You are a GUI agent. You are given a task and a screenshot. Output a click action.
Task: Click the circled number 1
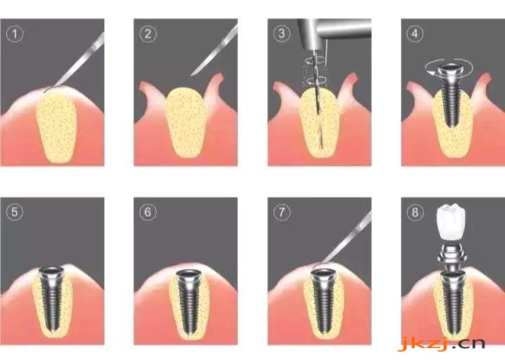tap(15, 34)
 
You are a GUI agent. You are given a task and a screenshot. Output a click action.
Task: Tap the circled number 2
tap(148, 34)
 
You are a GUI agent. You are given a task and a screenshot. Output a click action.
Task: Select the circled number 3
tap(282, 33)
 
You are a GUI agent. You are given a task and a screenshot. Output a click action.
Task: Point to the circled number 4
tap(415, 33)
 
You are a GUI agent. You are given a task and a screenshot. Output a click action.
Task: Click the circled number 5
tap(15, 212)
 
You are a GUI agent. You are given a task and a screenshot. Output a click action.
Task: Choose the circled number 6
tap(148, 212)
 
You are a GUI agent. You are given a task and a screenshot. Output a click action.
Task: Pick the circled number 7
tap(282, 212)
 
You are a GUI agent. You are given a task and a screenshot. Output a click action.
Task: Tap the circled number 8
tap(415, 212)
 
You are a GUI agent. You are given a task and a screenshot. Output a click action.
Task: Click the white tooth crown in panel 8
tap(451, 221)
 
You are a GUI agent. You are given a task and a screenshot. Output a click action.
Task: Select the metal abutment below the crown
tap(452, 253)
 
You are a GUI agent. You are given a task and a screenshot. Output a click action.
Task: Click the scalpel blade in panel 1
tap(78, 62)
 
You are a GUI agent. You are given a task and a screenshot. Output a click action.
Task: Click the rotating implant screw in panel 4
tap(451, 94)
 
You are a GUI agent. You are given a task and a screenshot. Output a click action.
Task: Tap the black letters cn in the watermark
tap(473, 343)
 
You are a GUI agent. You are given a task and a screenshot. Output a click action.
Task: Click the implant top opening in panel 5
tap(51, 271)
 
